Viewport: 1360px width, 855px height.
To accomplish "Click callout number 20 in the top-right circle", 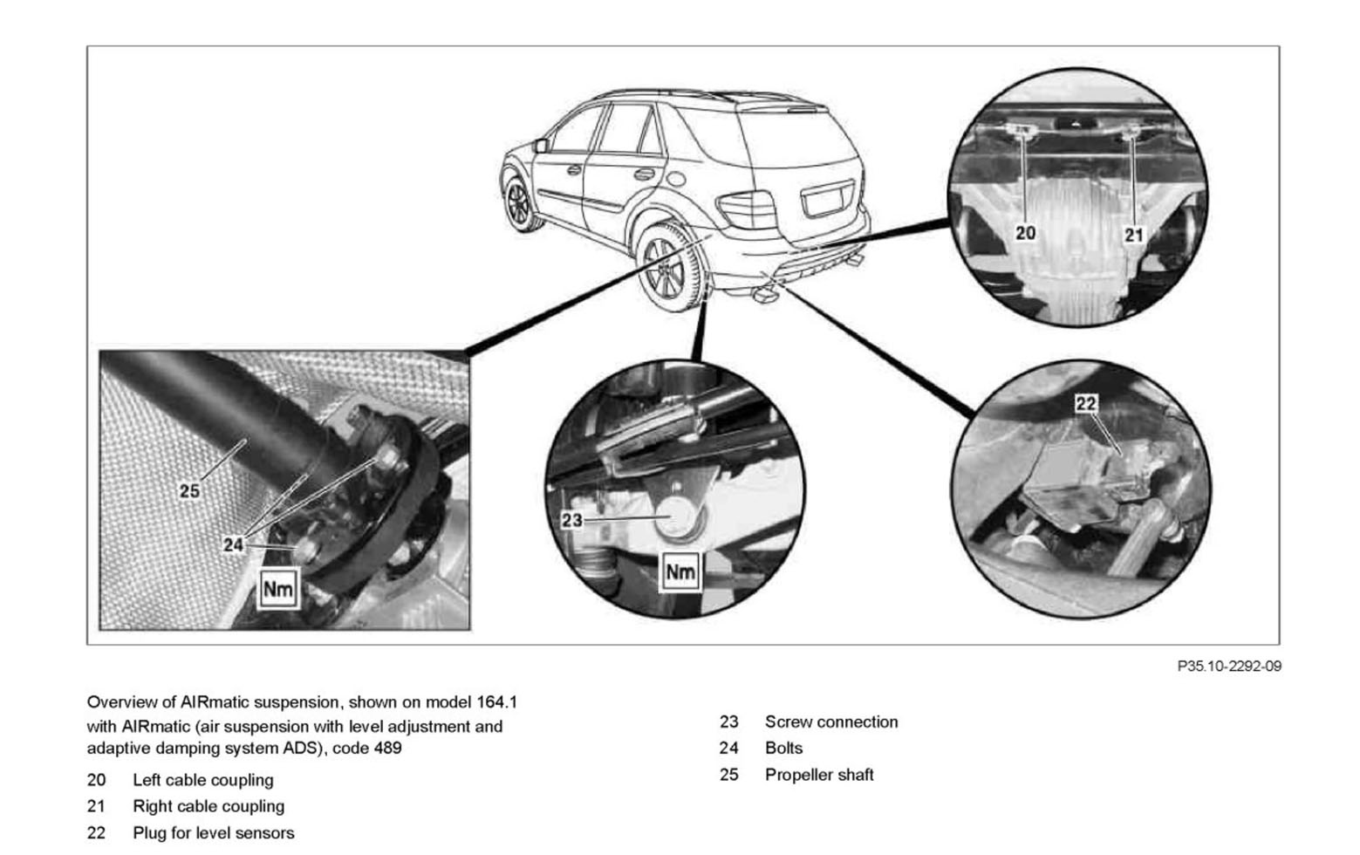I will (x=1026, y=233).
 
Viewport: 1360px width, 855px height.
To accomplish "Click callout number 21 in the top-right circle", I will (x=1133, y=235).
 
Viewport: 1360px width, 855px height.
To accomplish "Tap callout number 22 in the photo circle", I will (x=1086, y=403).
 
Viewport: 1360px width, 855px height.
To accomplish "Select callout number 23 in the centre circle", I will (x=571, y=520).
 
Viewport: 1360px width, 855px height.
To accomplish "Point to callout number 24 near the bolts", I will (x=233, y=545).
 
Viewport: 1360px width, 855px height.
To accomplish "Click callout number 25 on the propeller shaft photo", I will (x=189, y=491).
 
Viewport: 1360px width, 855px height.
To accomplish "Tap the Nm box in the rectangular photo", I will (x=278, y=589).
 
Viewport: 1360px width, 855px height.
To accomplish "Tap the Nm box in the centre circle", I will (x=680, y=571).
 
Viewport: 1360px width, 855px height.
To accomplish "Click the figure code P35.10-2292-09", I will (x=1228, y=667).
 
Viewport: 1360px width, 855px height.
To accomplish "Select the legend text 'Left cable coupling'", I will (x=202, y=780).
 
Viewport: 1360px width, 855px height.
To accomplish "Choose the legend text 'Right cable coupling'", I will (x=208, y=806).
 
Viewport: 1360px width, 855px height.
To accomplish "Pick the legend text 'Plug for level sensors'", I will (x=213, y=833).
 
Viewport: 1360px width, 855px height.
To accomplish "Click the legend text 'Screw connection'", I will (x=830, y=722).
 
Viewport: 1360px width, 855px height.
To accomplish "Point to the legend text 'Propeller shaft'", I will (x=818, y=775).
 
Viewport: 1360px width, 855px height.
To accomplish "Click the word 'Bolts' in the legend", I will (x=783, y=748).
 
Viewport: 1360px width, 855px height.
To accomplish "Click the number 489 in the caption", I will (x=387, y=748).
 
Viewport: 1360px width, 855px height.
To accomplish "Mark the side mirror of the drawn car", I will (x=541, y=146).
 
